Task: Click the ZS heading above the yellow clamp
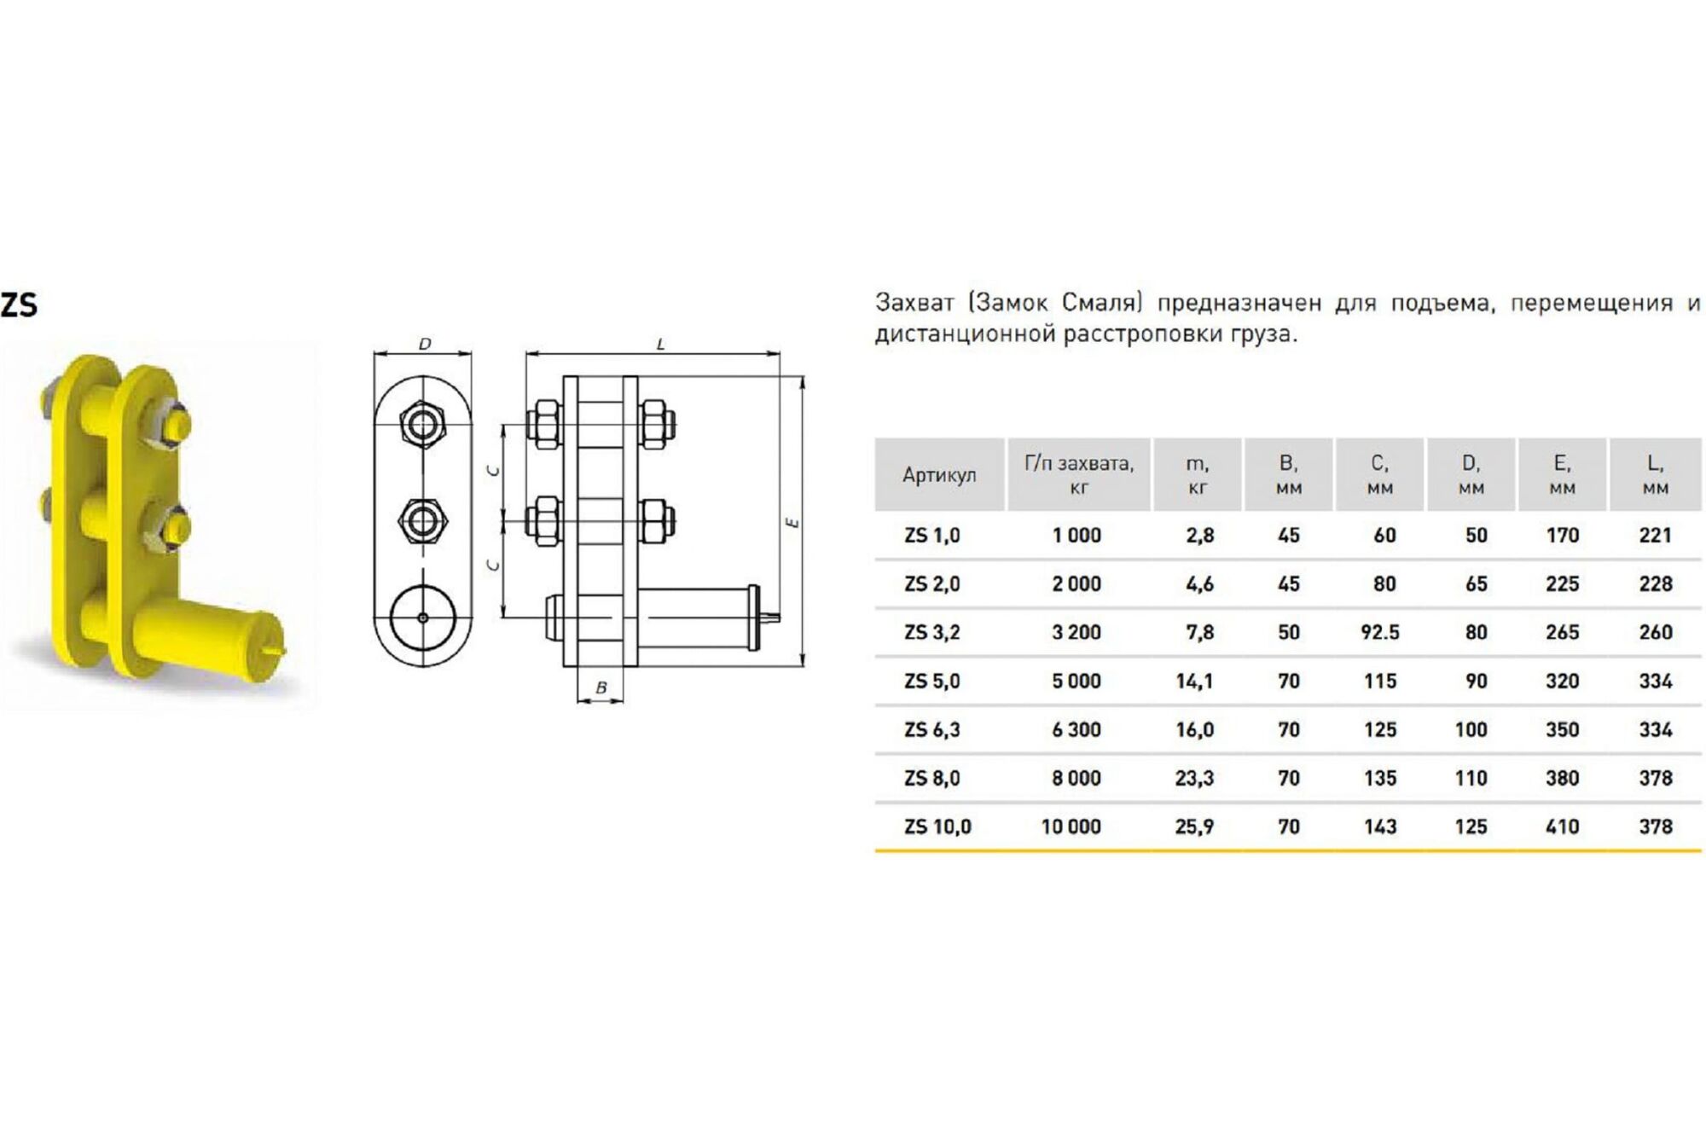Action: coord(19,305)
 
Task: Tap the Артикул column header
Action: coord(939,475)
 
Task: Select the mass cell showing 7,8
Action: coord(1198,632)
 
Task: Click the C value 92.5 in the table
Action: coord(1379,632)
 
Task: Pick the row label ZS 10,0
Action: coord(937,827)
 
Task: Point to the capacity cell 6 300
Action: coord(1076,729)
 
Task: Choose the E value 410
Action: coord(1562,827)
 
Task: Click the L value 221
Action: coord(1655,535)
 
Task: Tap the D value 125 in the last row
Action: coord(1471,827)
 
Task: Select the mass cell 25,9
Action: coord(1194,827)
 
